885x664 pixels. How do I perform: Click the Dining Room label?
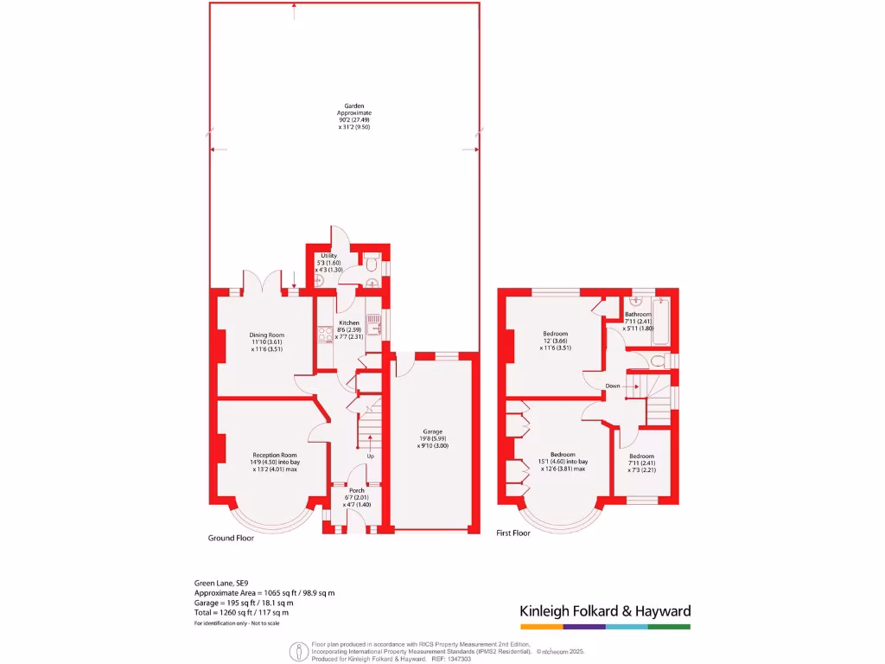click(x=267, y=342)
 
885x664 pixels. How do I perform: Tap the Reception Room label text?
click(x=275, y=462)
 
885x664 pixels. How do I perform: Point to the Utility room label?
click(x=329, y=262)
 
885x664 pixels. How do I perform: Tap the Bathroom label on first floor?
click(x=639, y=321)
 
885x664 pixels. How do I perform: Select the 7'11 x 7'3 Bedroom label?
click(x=641, y=463)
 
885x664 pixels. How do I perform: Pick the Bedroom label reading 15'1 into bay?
click(x=563, y=461)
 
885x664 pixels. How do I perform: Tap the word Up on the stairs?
click(x=371, y=456)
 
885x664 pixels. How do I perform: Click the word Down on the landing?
click(x=612, y=386)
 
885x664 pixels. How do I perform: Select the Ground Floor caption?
click(x=231, y=538)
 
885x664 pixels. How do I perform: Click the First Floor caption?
click(x=513, y=533)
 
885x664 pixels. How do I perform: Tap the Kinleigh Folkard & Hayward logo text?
click(x=605, y=611)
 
